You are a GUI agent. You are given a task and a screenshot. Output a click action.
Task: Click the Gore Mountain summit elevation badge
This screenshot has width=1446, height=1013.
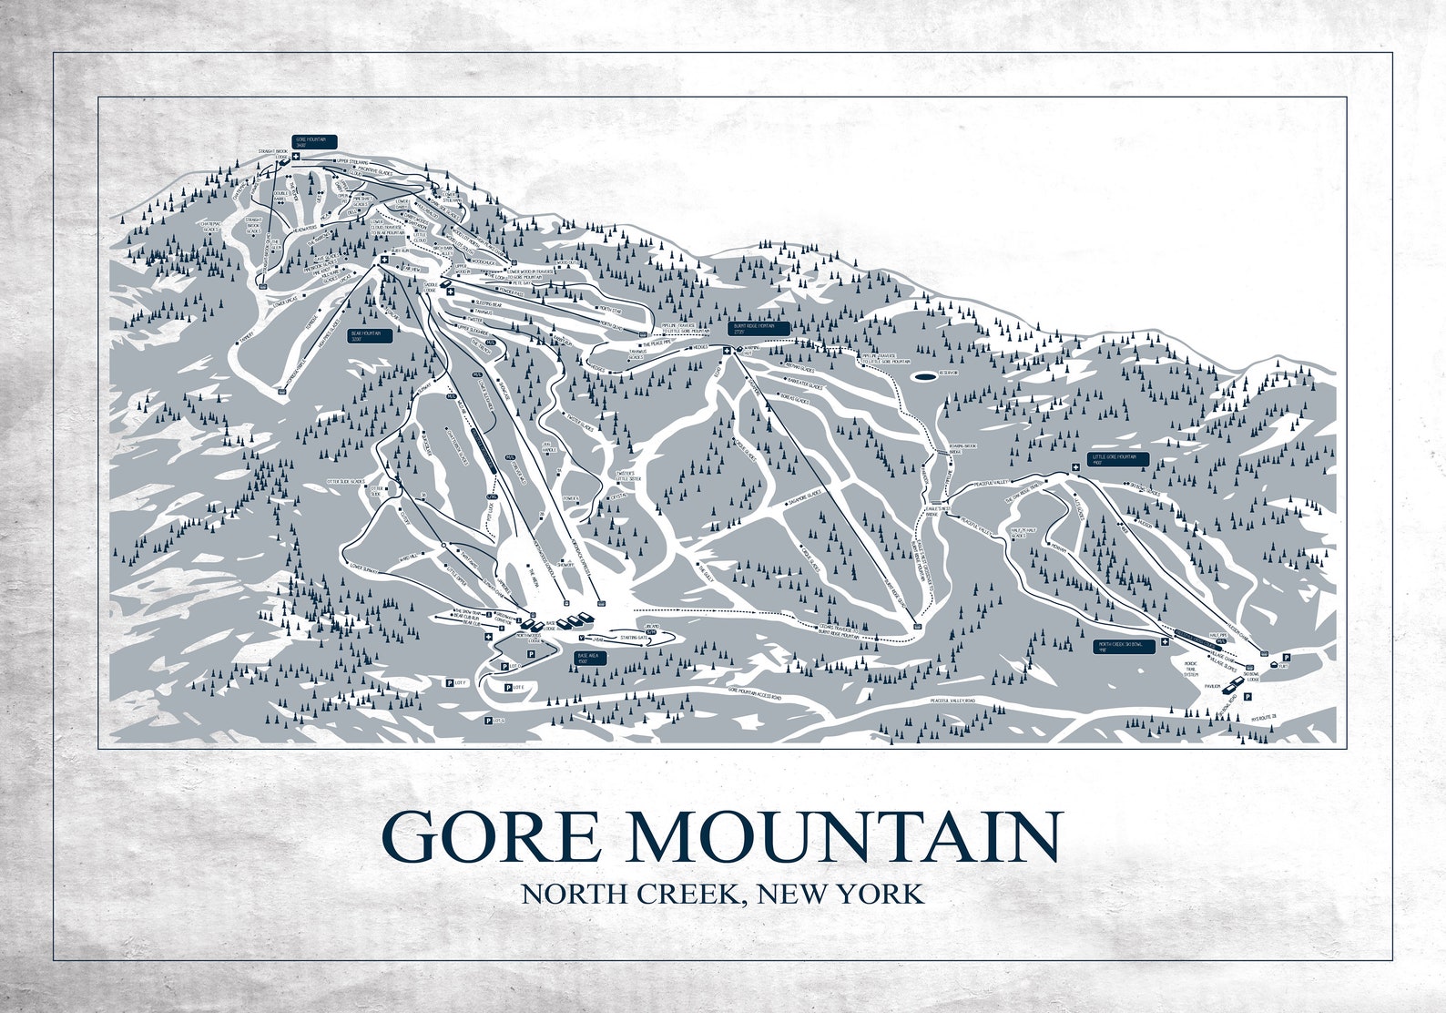click(x=314, y=141)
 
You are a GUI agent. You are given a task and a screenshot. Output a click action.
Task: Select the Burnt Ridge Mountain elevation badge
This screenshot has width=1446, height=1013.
click(x=759, y=328)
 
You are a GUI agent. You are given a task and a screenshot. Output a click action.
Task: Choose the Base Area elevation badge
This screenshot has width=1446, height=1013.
click(x=589, y=658)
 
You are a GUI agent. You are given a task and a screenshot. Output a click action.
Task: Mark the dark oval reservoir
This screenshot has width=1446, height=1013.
click(x=924, y=374)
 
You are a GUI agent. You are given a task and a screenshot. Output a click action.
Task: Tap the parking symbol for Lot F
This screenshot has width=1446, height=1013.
click(x=448, y=682)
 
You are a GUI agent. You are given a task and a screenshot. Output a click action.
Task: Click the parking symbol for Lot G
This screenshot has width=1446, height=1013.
click(x=489, y=721)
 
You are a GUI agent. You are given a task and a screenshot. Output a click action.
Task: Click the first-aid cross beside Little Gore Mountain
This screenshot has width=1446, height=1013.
click(x=1075, y=467)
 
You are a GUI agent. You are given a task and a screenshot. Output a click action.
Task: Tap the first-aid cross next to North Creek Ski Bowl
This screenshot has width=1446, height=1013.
click(x=1165, y=643)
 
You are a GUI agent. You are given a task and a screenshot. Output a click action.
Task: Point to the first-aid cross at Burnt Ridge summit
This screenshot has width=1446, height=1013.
click(x=727, y=351)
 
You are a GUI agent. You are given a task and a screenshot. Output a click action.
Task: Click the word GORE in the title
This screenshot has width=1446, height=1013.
click(x=492, y=836)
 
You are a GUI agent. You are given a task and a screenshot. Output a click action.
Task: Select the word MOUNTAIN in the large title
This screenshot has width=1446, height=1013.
click(x=844, y=836)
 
